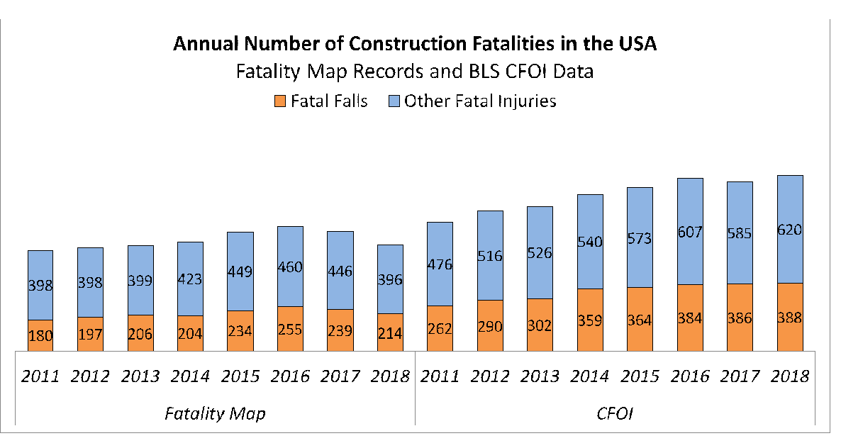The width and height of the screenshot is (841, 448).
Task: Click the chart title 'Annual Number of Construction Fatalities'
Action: pos(416,44)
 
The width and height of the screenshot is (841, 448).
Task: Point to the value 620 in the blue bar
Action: pos(790,230)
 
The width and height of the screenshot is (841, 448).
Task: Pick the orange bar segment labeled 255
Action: pos(290,328)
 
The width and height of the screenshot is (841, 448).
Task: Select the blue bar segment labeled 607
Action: pos(690,231)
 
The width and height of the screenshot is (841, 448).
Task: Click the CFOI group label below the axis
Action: pos(615,413)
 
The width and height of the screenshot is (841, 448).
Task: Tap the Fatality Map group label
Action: pos(214,413)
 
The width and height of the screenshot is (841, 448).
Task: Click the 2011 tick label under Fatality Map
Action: pos(40,376)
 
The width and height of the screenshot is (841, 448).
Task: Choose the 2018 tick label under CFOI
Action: pos(790,376)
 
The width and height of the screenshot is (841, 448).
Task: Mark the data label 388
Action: pos(790,318)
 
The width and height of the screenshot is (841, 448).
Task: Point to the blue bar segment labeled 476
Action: pos(440,264)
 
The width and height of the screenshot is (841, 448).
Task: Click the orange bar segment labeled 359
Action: pos(590,320)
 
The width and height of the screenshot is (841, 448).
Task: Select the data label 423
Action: pos(190,279)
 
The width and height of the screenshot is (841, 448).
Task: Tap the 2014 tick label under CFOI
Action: pos(590,376)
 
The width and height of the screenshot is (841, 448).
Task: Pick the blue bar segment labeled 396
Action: pos(390,279)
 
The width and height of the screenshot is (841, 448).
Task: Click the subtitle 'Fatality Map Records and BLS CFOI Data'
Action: pos(416,72)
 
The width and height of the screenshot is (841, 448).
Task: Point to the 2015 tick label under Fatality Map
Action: pos(240,376)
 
